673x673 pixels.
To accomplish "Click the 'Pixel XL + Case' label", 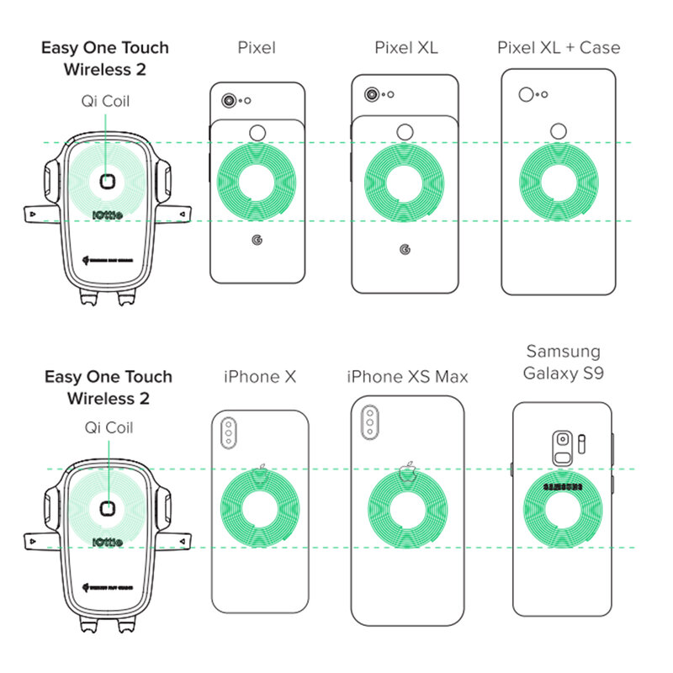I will click(x=558, y=47).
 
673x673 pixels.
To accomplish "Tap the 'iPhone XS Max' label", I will click(x=407, y=377).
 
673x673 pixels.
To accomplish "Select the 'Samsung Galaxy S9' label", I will click(x=563, y=362).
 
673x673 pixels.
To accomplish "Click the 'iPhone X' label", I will click(x=260, y=377).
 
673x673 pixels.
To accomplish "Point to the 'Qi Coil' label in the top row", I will click(x=105, y=102).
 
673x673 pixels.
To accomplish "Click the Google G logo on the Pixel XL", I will click(x=405, y=249).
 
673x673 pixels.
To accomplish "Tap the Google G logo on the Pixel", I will click(x=257, y=240).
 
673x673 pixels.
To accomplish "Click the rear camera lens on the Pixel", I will click(x=228, y=101).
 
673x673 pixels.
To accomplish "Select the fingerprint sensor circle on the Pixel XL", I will click(x=405, y=131).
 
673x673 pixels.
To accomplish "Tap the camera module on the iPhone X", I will click(x=227, y=435).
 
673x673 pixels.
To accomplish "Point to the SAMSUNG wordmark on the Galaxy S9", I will click(x=563, y=486).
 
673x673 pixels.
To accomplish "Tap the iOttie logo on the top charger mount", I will click(x=106, y=214).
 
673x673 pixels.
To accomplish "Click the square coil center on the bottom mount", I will click(x=107, y=507).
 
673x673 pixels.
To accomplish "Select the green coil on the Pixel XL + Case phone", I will click(x=560, y=183).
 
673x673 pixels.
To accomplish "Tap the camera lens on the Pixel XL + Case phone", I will click(x=527, y=94).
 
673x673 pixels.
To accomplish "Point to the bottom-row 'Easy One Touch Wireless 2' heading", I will click(x=108, y=386).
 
